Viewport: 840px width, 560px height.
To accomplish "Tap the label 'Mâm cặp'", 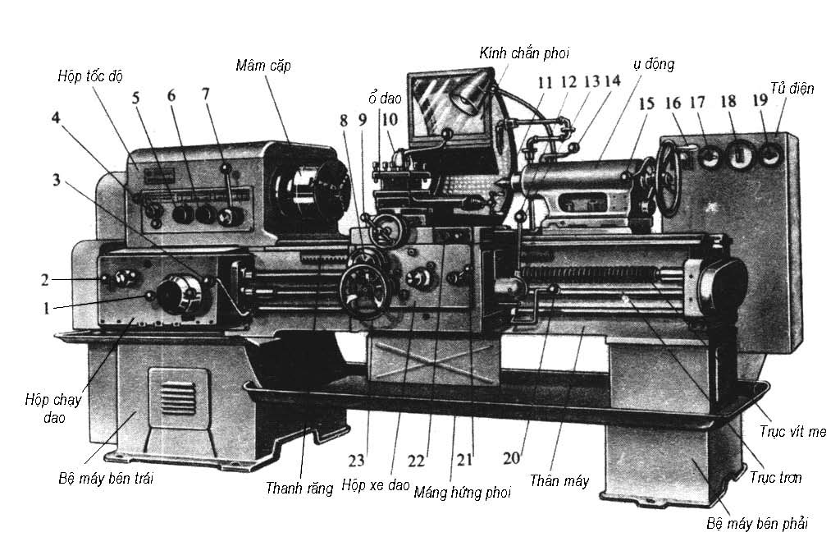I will (262, 64).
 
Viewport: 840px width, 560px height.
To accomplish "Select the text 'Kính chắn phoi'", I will (524, 53).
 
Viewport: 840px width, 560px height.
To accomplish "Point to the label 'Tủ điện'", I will (792, 87).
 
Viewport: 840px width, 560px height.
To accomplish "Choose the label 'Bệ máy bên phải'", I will (756, 523).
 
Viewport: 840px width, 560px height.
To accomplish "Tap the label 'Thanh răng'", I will (299, 488).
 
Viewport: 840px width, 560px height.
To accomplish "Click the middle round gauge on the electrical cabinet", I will (740, 152).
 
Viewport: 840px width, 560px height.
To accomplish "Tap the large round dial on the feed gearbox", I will (178, 294).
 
